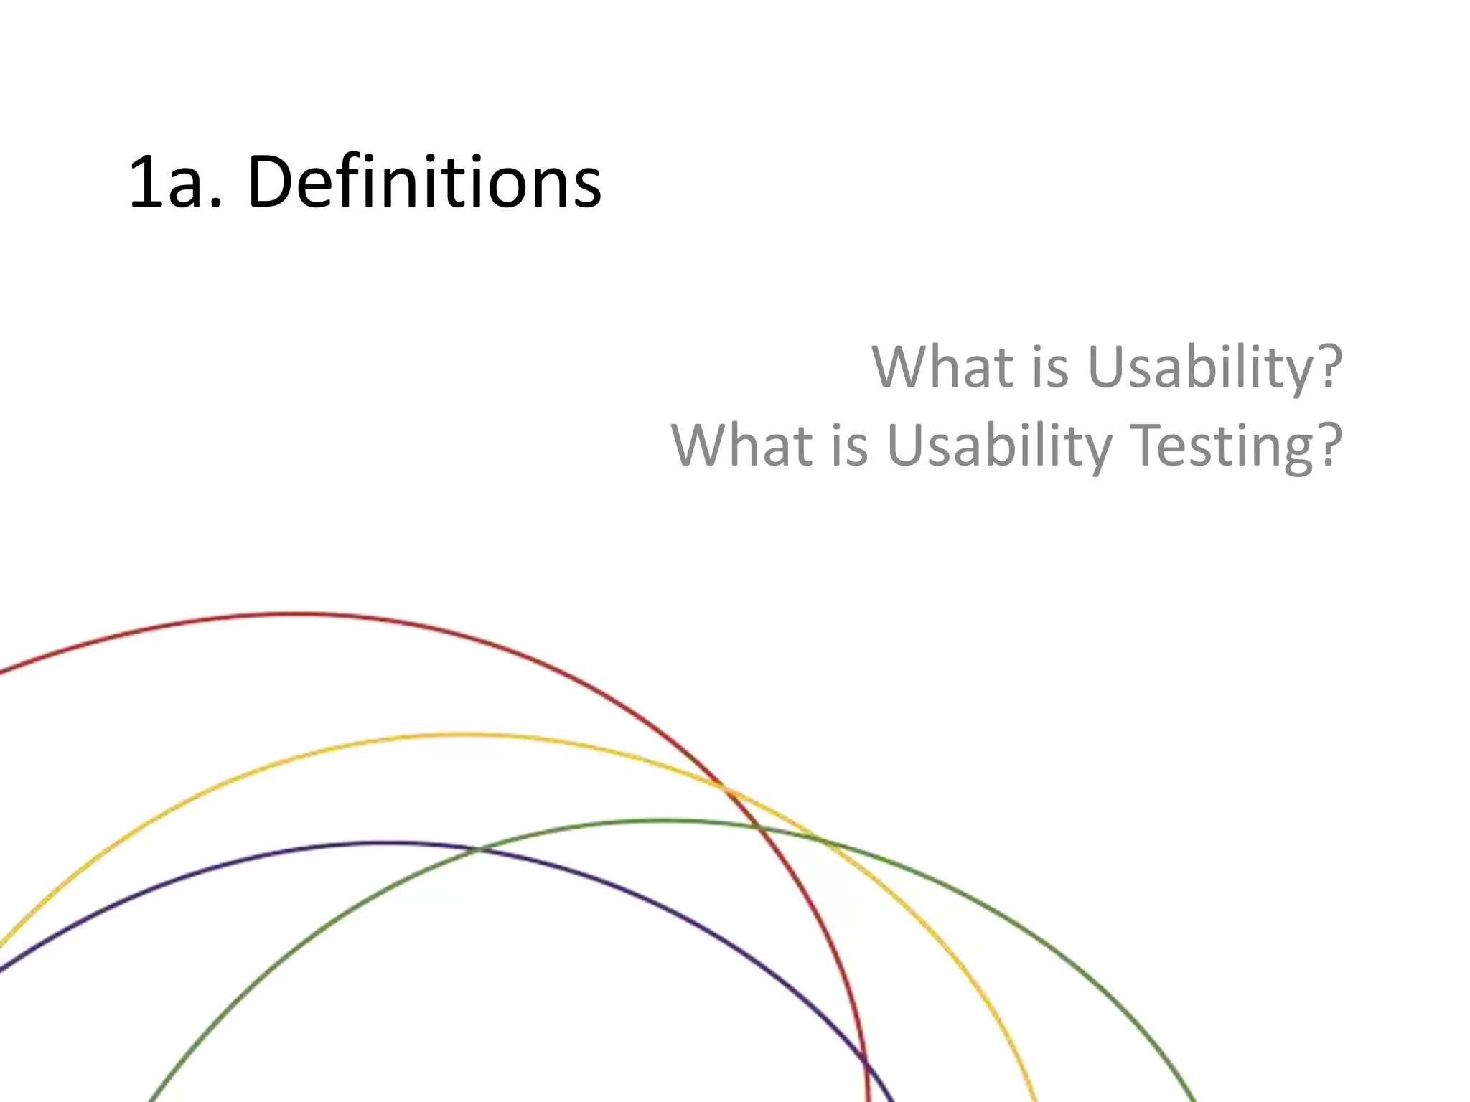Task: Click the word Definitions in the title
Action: (x=423, y=183)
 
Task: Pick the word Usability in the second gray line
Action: (x=999, y=445)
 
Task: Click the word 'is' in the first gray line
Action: (x=1050, y=367)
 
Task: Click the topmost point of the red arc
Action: (x=294, y=614)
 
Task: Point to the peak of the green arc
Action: (x=660, y=820)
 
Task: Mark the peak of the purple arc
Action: (x=388, y=843)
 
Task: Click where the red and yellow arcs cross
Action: (x=724, y=787)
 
